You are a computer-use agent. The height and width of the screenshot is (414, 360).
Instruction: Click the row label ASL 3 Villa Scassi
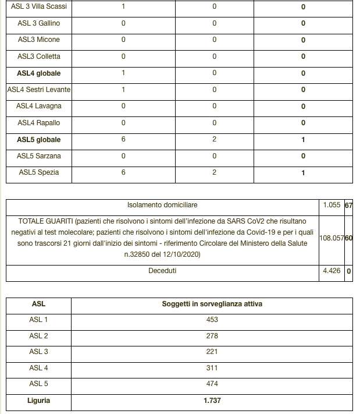click(x=38, y=7)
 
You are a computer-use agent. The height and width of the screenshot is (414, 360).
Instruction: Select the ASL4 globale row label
click(x=39, y=73)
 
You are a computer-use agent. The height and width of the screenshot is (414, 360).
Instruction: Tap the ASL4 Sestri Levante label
click(x=39, y=90)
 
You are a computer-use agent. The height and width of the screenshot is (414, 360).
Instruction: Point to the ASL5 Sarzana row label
click(x=39, y=156)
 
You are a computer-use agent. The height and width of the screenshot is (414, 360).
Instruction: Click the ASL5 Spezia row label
click(x=39, y=172)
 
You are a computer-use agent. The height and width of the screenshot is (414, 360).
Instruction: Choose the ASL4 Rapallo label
click(x=39, y=123)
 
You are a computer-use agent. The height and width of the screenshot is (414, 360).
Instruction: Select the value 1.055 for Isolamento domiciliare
click(x=332, y=206)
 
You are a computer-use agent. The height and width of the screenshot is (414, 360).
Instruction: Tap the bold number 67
click(x=349, y=206)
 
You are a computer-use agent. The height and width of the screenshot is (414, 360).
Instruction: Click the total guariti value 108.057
click(x=332, y=238)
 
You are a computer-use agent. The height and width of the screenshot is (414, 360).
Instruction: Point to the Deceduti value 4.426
click(x=332, y=271)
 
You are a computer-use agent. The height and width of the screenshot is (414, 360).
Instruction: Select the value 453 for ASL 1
click(x=211, y=320)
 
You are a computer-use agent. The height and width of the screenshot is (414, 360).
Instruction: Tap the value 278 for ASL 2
click(x=211, y=336)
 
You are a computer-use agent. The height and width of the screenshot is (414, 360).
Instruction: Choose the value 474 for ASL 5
click(x=211, y=384)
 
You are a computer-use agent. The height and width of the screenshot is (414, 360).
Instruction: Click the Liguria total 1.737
click(x=211, y=401)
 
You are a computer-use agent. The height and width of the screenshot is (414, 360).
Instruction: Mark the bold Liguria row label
click(x=39, y=401)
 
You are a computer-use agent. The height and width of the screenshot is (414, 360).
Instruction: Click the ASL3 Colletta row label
click(x=39, y=56)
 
